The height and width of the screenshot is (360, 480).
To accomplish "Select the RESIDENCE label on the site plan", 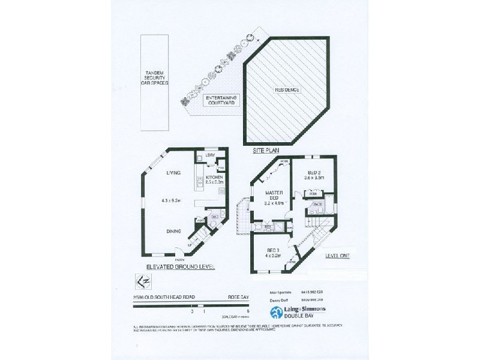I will [x=287, y=90].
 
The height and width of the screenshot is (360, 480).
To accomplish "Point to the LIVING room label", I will [x=174, y=173].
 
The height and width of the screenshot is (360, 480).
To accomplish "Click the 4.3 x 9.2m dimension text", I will [x=174, y=201].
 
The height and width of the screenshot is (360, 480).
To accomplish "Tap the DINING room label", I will [x=175, y=229].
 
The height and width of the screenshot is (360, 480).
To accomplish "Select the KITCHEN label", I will [x=214, y=178].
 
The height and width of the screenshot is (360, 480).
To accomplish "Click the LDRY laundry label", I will [x=210, y=157].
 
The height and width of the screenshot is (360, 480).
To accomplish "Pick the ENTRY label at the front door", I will [x=180, y=258].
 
